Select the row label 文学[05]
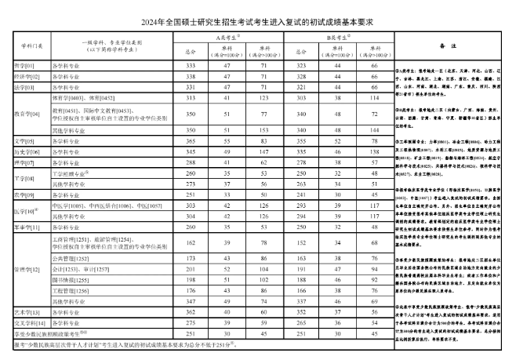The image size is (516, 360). click(19, 140)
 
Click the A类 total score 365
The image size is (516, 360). click(189, 140)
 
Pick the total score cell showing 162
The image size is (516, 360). click(189, 243)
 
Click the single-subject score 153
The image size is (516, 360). click(263, 129)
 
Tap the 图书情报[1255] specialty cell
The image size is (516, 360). click(72, 278)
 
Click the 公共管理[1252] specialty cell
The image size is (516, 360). click(71, 257)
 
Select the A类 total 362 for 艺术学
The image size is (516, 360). click(189, 311)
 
